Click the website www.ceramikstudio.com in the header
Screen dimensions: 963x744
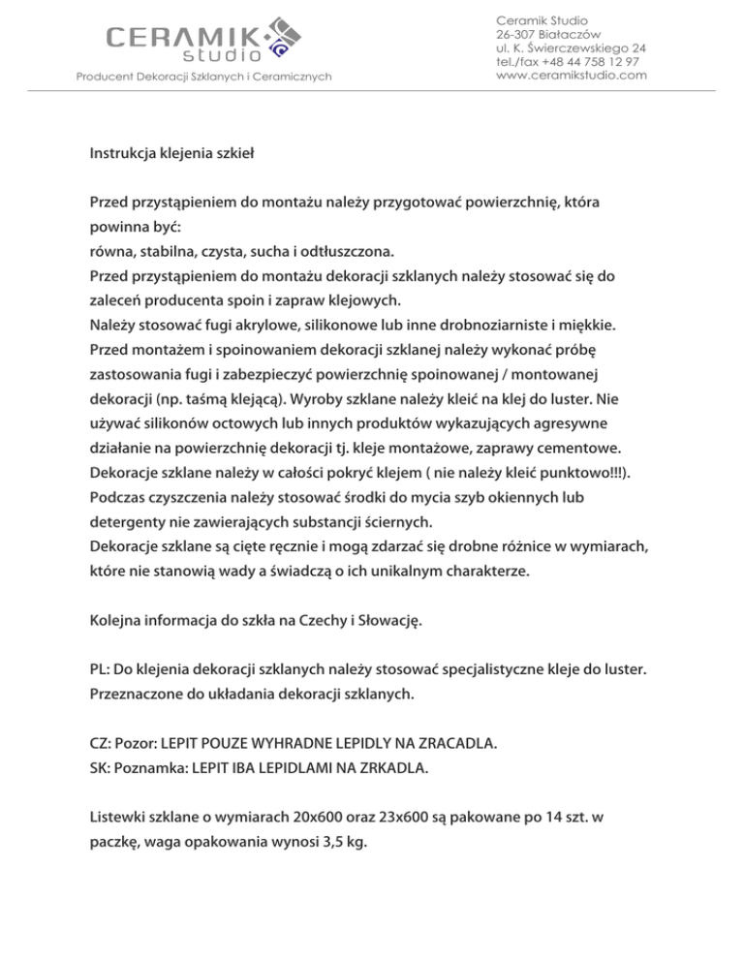571,76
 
